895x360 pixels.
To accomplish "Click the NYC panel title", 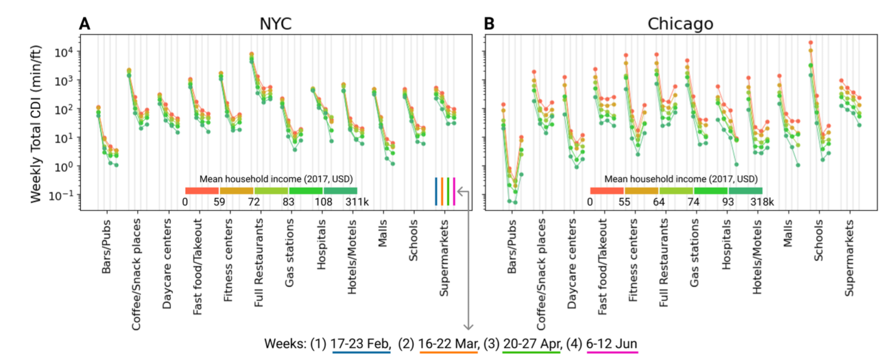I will tap(275, 24).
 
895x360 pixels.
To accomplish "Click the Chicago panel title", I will tap(680, 24).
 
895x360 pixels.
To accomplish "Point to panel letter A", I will tap(84, 24).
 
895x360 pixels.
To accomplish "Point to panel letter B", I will tap(489, 24).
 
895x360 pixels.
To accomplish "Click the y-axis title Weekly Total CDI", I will tap(36, 124).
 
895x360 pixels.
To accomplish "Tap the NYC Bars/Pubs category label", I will tap(107, 247).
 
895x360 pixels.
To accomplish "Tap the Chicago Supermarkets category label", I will tap(849, 258).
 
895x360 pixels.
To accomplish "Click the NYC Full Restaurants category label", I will tap(259, 263).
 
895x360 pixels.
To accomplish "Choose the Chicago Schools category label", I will tap(818, 241).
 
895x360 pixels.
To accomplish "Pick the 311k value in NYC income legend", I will tap(357, 202).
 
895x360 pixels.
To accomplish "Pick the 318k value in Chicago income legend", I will tap(762, 202).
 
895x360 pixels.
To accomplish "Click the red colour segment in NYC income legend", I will tap(202, 191).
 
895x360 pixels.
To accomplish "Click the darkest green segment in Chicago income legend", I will tap(745, 191).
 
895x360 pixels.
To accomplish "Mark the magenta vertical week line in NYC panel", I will tap(454, 191).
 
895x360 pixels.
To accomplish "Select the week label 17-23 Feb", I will tap(361, 344).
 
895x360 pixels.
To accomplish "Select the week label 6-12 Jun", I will tap(612, 344).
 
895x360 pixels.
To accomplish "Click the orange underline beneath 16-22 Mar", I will tap(448, 352).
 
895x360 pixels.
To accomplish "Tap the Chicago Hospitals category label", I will tap(727, 245).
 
